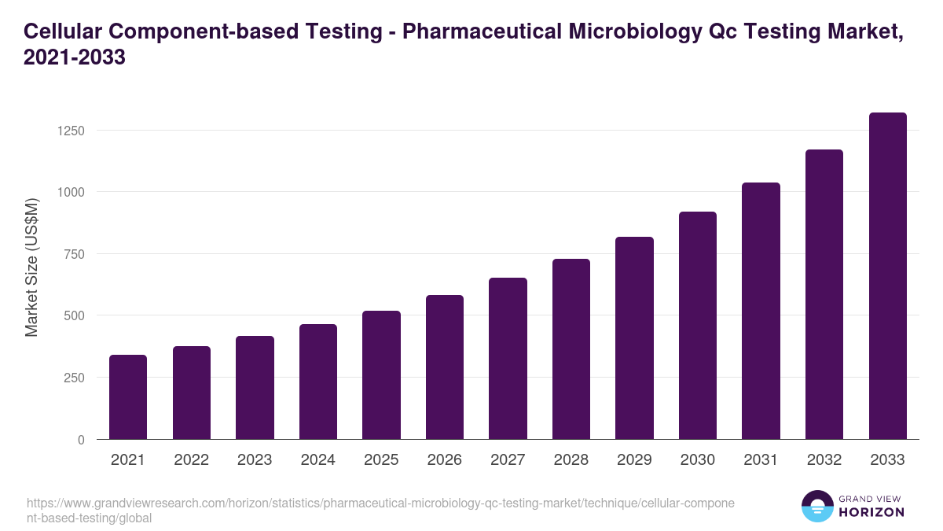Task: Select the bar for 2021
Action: pos(128,397)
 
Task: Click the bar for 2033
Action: pos(888,276)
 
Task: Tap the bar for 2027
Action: pos(508,359)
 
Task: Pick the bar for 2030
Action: pos(698,326)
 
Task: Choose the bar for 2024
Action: pos(318,382)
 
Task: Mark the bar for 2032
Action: pos(824,294)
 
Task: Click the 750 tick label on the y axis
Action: pos(73,254)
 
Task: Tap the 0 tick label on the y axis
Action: pos(81,440)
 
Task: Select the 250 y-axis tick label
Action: pos(73,378)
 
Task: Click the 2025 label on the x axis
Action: pos(381,460)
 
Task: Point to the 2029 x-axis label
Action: pos(634,460)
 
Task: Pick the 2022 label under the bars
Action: pos(191,460)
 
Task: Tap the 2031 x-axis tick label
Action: pos(761,460)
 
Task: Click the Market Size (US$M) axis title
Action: pos(31,267)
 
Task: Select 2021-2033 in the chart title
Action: pos(75,58)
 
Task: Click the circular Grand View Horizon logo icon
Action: pos(816,507)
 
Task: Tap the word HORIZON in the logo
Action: pos(871,512)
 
